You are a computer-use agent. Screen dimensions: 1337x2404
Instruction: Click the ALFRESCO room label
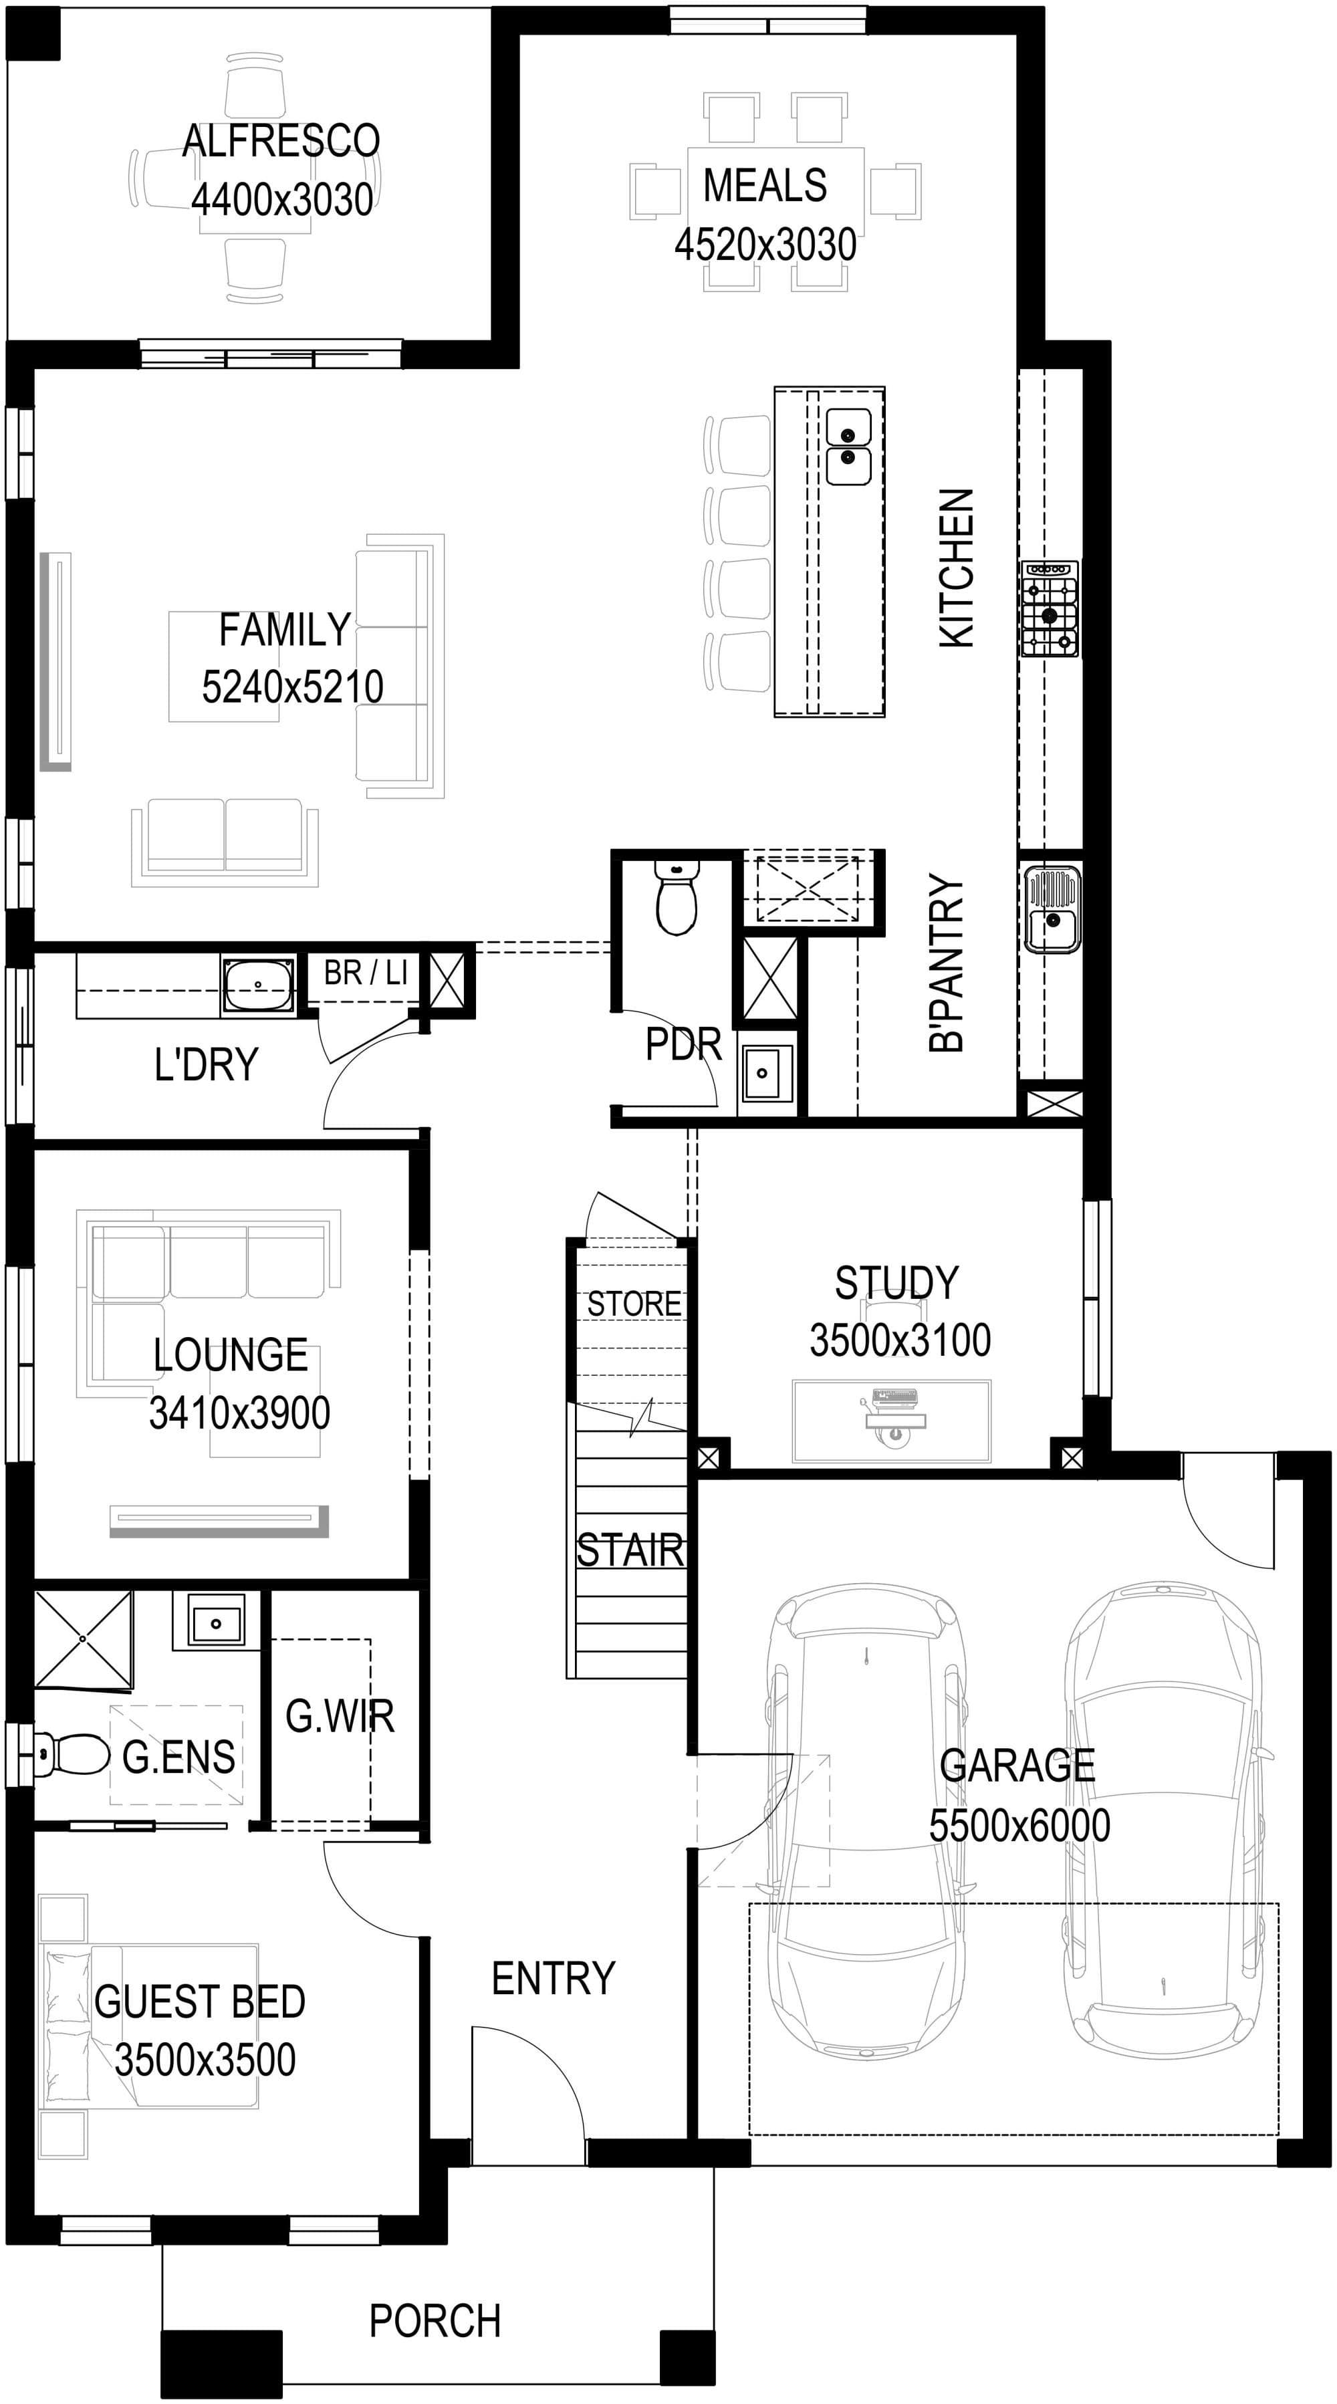pyautogui.click(x=281, y=141)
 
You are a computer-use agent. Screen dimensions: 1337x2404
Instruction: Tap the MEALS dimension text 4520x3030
pyautogui.click(x=765, y=245)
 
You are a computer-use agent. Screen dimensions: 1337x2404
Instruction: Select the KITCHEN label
pyautogui.click(x=957, y=568)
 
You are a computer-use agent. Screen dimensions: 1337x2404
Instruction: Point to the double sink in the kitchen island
pyautogui.click(x=848, y=448)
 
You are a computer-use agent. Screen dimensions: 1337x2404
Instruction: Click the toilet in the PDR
pyautogui.click(x=677, y=898)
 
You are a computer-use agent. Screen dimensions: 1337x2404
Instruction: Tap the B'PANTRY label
pyautogui.click(x=946, y=963)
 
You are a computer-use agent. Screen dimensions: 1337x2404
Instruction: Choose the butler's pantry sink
pyautogui.click(x=1052, y=909)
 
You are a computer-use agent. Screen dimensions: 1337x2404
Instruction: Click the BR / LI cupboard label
pyautogui.click(x=366, y=973)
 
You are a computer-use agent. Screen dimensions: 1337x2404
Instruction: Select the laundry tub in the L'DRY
pyautogui.click(x=257, y=985)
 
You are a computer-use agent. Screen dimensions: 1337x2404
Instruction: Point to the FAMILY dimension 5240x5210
pyautogui.click(x=292, y=687)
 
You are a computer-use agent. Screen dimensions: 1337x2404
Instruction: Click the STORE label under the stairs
pyautogui.click(x=634, y=1304)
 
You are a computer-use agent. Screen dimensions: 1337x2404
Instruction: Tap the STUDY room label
pyautogui.click(x=896, y=1283)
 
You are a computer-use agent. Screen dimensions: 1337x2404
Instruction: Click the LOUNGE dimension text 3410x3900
pyautogui.click(x=240, y=1413)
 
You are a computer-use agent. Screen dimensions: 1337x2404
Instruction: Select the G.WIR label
pyautogui.click(x=340, y=1716)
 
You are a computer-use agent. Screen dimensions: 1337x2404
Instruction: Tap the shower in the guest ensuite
pyautogui.click(x=83, y=1640)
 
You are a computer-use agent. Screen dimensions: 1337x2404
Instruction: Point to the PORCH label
pyautogui.click(x=435, y=2321)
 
